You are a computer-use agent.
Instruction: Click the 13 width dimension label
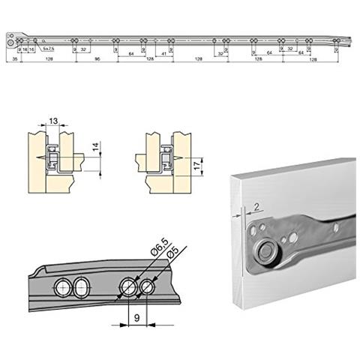coord(52,122)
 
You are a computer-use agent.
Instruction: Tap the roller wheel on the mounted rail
coord(266,251)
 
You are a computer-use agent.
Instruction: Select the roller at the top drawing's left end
coord(9,42)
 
